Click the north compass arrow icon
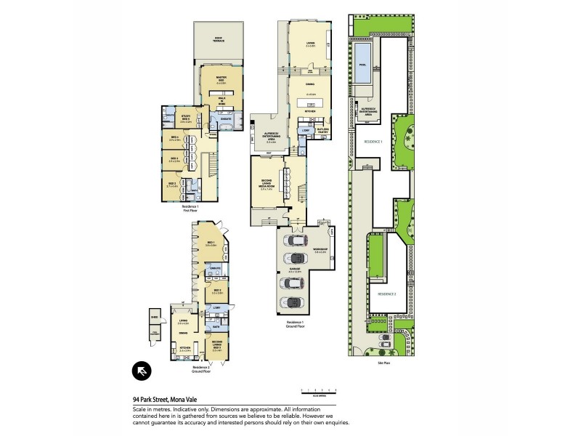[142, 371]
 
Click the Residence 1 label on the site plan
[373, 143]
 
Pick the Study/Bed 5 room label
[185, 120]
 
